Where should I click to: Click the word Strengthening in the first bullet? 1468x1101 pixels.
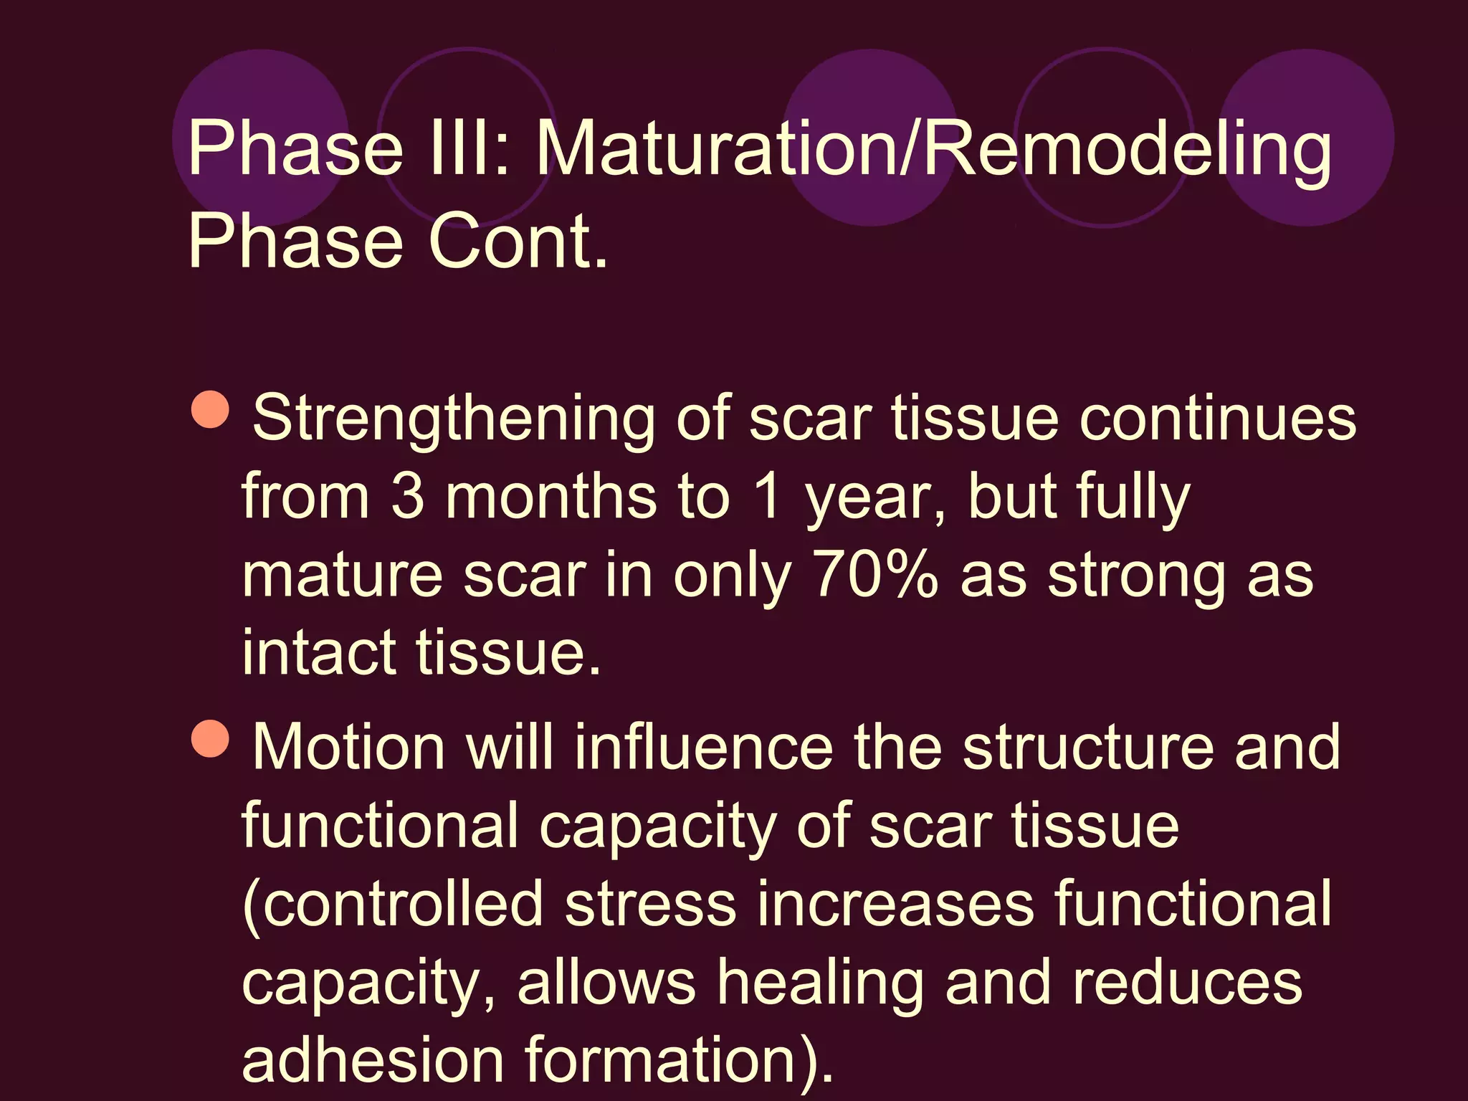point(453,420)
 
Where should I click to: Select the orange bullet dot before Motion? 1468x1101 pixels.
point(211,738)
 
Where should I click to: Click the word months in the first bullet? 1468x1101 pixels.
point(551,497)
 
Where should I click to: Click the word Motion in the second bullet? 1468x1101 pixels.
point(349,748)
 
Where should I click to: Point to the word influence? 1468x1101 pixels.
point(704,748)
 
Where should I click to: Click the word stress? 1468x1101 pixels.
point(651,905)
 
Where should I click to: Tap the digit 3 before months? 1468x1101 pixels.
point(408,497)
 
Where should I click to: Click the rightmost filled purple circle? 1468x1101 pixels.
point(1306,138)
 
